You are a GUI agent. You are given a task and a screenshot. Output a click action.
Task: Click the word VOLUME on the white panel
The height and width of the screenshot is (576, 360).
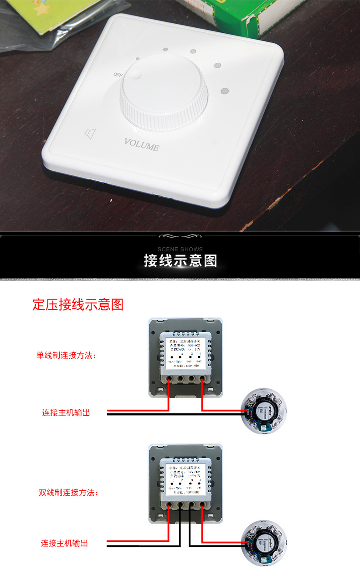point(142,144)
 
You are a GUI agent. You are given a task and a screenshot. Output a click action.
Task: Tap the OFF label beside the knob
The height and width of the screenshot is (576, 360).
point(118,75)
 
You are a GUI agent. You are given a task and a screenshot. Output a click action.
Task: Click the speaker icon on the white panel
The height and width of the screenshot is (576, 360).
point(91,133)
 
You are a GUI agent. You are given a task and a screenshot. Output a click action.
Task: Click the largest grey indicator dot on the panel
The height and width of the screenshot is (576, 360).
point(224,92)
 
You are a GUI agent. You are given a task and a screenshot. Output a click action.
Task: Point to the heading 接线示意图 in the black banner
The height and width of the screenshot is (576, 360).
point(180,261)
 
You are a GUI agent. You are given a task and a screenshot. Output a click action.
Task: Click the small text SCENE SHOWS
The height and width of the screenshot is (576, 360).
point(180,249)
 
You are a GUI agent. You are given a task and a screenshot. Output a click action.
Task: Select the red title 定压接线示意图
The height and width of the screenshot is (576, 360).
point(78,305)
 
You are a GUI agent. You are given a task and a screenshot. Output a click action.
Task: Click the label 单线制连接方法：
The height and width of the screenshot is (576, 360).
point(67,355)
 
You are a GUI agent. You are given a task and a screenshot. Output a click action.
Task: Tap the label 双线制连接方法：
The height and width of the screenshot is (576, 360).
point(68,492)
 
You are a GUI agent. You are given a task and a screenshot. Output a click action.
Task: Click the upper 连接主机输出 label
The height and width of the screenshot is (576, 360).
point(66,413)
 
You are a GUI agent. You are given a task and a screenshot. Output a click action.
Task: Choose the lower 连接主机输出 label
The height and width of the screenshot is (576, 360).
point(64,543)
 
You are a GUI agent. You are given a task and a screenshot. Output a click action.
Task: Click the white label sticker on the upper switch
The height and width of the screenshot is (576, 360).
point(185,355)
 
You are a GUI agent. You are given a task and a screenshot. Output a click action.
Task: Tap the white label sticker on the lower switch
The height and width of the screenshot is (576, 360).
point(185,481)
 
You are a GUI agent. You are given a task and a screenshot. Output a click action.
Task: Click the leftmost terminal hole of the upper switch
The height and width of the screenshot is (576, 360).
point(169,378)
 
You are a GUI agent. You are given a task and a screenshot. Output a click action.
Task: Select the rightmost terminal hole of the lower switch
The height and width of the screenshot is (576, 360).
point(201,505)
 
